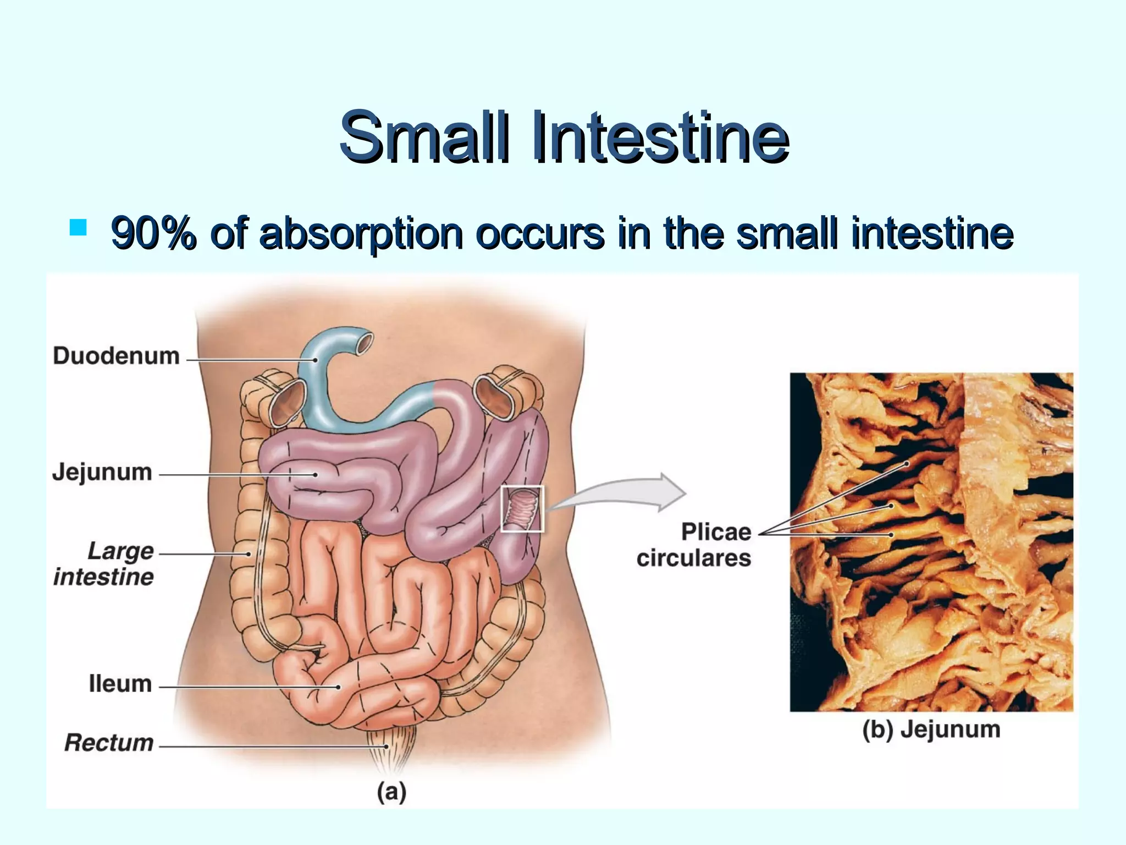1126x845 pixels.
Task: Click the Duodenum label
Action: pos(116,356)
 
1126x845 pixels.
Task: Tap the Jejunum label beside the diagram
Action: pos(102,473)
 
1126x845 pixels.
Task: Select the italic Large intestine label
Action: pos(104,564)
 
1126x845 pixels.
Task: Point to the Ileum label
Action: pos(120,684)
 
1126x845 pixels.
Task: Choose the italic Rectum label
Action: pos(109,743)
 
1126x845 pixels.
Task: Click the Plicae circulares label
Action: pos(694,545)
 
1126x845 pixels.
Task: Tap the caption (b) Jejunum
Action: pos(931,729)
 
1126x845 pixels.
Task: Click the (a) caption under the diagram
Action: pos(391,792)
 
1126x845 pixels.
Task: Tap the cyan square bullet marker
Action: pos(79,227)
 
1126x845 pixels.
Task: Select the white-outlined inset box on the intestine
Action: pos(522,509)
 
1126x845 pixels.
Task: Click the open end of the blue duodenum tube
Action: pos(364,343)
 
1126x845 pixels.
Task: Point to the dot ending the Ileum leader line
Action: pos(339,687)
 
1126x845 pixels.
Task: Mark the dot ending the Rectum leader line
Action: pos(387,747)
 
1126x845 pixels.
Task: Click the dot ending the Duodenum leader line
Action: pos(316,360)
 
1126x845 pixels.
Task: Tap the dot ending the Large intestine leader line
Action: pos(249,554)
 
